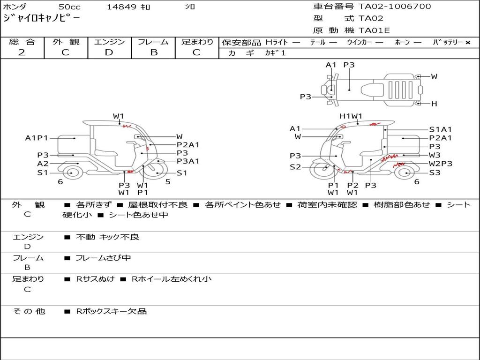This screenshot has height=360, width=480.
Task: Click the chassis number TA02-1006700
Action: pos(395,7)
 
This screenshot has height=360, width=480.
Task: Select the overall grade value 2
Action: pos(22,52)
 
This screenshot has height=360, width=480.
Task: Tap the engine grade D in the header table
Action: pos(109,52)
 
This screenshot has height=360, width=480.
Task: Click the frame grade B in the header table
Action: pos(154,52)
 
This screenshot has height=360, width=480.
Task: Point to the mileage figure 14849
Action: pos(121,7)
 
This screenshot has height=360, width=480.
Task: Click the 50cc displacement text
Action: pos(69,7)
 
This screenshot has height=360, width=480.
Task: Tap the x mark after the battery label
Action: pos(468,43)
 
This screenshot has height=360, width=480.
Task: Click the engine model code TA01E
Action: pos(374,30)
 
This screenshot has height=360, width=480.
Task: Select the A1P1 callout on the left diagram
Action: pos(37,138)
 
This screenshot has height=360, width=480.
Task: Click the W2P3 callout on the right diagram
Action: pos(441,164)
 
